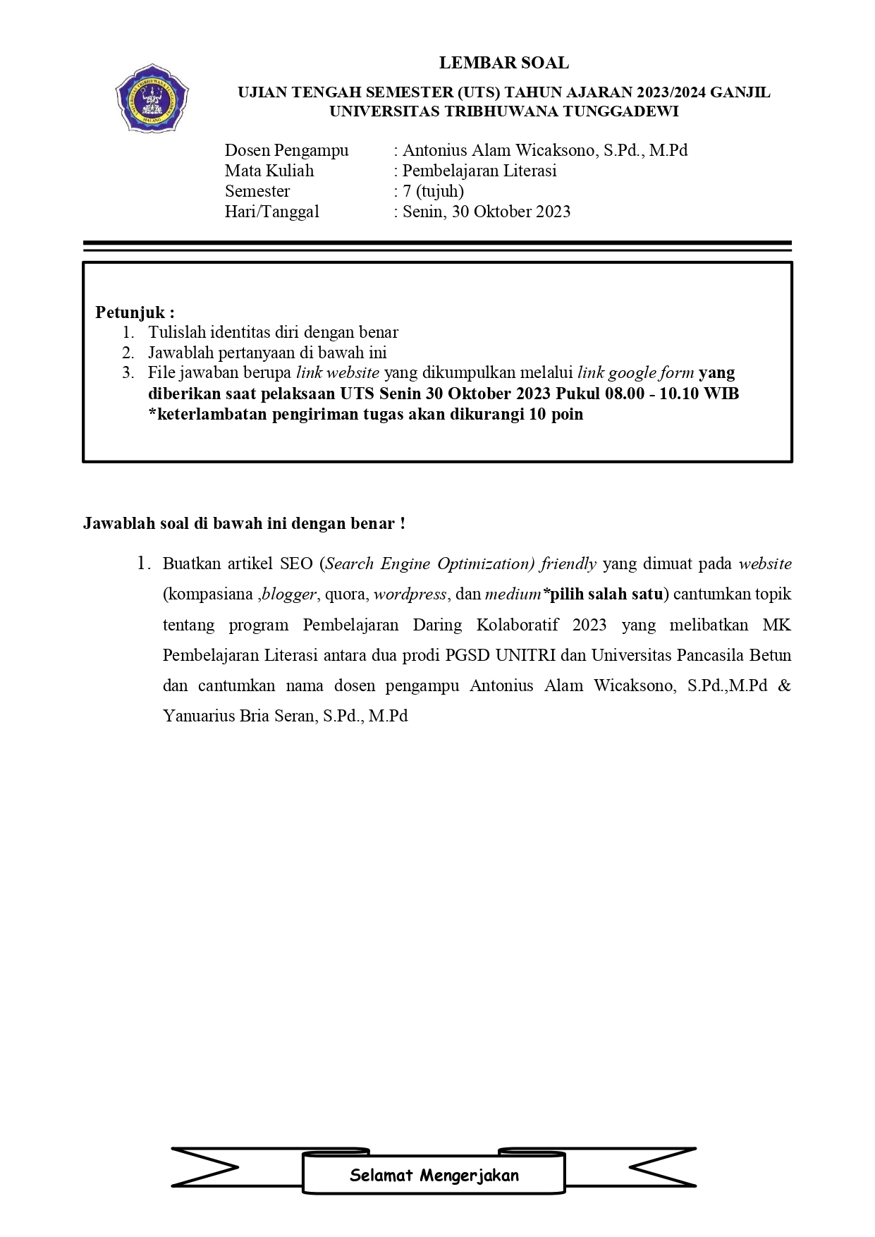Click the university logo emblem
(x=152, y=97)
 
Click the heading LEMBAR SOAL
(x=503, y=63)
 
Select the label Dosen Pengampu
(x=286, y=150)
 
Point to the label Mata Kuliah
(x=269, y=171)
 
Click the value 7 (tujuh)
(x=433, y=191)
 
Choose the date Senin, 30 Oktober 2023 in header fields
(x=487, y=212)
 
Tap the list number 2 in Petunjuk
(x=128, y=353)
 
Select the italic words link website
(x=338, y=372)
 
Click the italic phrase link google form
(x=635, y=372)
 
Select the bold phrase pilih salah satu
(x=606, y=594)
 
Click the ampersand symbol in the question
(x=784, y=685)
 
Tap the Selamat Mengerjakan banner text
(x=434, y=1175)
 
